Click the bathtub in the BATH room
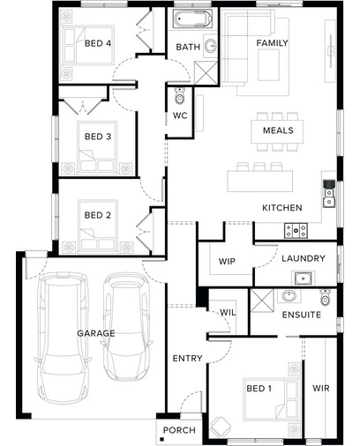pyautogui.click(x=192, y=19)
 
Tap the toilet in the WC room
pyautogui.click(x=179, y=96)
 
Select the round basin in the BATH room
pyautogui.click(x=211, y=46)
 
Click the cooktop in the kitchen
pyautogui.click(x=296, y=230)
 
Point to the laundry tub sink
pyautogui.click(x=304, y=279)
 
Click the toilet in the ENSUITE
pyautogui.click(x=325, y=297)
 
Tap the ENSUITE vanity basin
pyautogui.click(x=289, y=295)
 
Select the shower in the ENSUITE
pyautogui.click(x=262, y=301)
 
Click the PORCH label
pyautogui.click(x=179, y=430)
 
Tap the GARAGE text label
pyautogui.click(x=96, y=333)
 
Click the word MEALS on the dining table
pyautogui.click(x=278, y=130)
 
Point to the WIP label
pyautogui.click(x=227, y=261)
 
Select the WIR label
pyautogui.click(x=321, y=388)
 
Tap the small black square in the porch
pyautogui.click(x=161, y=440)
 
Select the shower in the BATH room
pyautogui.click(x=206, y=72)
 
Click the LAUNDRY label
pyautogui.click(x=304, y=258)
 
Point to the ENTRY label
pyautogui.click(x=187, y=358)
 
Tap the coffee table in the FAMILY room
pyautogui.click(x=268, y=64)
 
